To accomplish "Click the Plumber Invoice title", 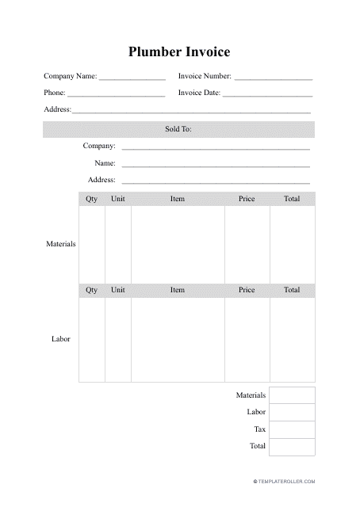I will coord(179,52).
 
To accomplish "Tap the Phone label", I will coord(54,93).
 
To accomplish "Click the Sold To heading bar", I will coord(179,129).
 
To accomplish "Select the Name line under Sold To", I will coord(215,166).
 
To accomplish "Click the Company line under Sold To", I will coord(215,149).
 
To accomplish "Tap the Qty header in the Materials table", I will coord(92,199).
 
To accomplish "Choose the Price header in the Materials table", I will coord(247,199).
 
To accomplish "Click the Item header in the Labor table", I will coord(178,290).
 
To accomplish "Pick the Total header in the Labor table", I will coord(292,290).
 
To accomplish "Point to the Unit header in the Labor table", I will coord(118,290).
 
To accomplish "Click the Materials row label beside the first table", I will coord(60,244).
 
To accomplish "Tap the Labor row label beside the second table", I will coord(61,339).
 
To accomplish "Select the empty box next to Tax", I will coord(292,429).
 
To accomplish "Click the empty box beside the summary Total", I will coord(292,447).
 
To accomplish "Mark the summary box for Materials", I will coord(292,395).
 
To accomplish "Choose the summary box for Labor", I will coord(292,412).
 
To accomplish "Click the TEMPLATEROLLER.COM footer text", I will coord(285,481).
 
